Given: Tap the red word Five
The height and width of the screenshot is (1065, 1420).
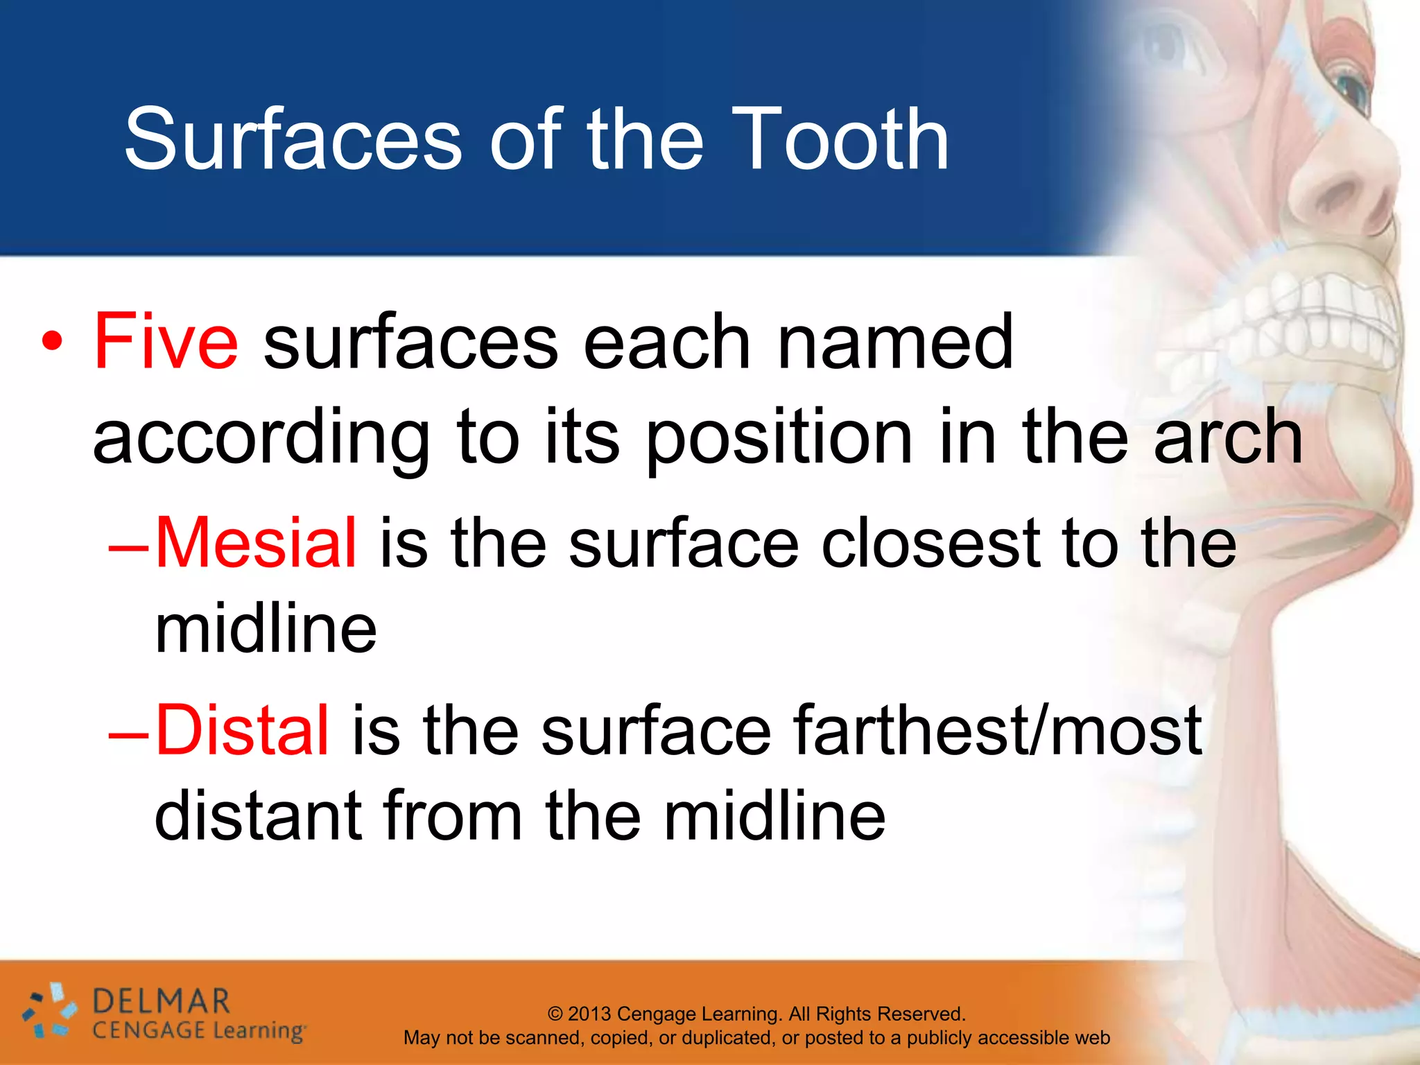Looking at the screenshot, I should [166, 341].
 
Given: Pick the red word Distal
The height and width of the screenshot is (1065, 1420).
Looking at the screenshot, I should [242, 729].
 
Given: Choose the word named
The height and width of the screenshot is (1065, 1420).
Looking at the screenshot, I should [895, 341].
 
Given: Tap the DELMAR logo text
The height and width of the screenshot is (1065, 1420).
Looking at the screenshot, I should [161, 1002].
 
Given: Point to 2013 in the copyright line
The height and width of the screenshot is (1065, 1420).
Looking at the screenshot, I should [589, 1014].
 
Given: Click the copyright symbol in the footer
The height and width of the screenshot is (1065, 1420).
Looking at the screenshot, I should [555, 1014].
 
